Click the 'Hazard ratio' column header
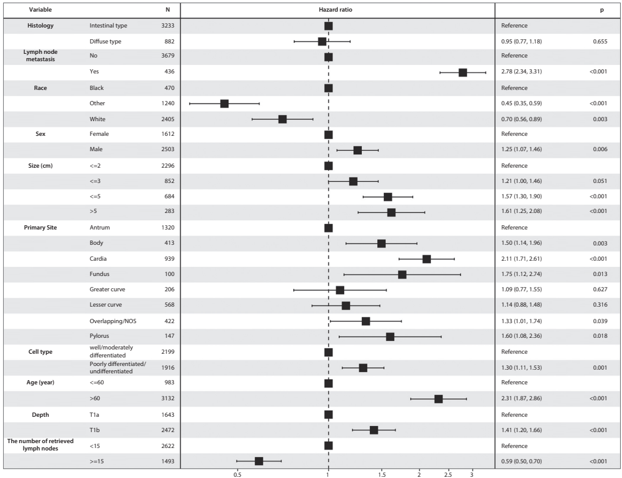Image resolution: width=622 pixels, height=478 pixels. (335, 10)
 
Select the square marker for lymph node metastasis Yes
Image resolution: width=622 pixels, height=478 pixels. (463, 72)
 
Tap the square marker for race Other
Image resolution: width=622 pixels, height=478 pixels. (224, 103)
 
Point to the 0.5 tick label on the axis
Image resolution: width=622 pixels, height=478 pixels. (237, 474)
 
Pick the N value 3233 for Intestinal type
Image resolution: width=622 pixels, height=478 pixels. (167, 25)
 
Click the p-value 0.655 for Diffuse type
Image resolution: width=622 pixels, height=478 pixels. (600, 41)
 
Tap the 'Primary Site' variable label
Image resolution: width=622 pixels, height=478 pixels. (40, 227)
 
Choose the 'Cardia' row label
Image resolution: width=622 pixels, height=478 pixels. (98, 259)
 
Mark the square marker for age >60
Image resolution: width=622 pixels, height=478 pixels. (438, 398)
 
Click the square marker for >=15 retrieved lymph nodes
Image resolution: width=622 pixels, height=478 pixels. (258, 461)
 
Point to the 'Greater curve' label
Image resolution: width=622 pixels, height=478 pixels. (107, 289)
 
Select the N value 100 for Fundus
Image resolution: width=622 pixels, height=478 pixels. (170, 274)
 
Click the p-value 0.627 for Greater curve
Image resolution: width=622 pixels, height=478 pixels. (600, 289)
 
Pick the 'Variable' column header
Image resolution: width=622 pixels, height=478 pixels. (40, 10)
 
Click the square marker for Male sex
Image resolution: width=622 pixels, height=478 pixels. (358, 150)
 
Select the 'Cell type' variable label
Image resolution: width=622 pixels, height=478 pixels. (40, 351)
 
